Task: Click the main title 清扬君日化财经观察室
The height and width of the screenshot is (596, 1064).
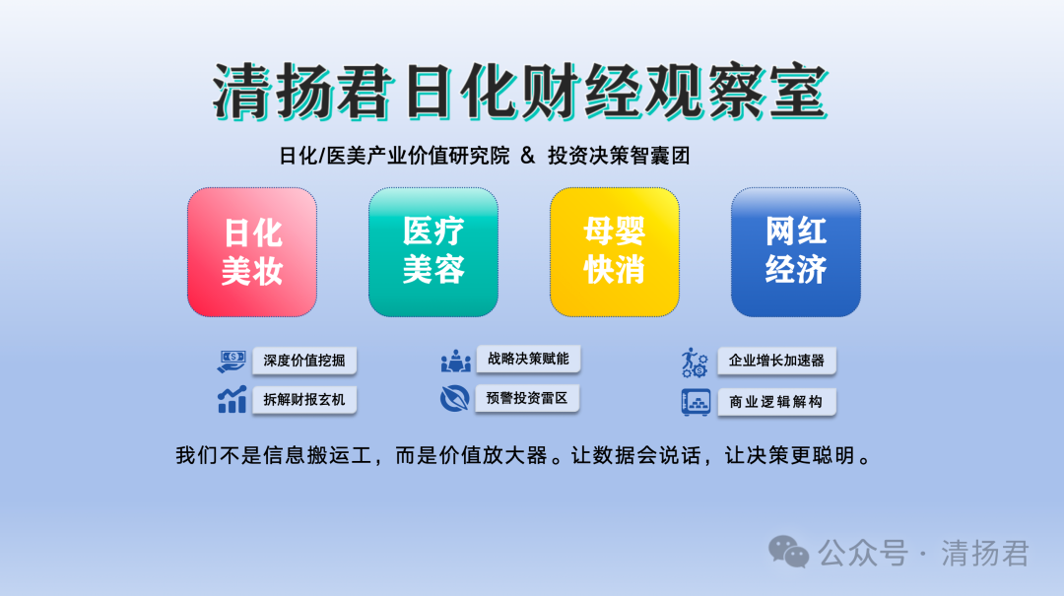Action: [x=520, y=92]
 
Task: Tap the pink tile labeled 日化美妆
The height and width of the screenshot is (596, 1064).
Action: [x=252, y=252]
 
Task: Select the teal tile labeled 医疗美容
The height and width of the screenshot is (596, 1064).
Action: [x=432, y=252]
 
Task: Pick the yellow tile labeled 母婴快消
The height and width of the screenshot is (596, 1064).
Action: [x=614, y=252]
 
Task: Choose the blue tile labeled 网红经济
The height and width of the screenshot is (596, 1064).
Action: [x=795, y=252]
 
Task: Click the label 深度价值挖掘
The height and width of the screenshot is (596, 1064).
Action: [x=304, y=361]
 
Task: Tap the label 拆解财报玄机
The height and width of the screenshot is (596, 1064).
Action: [x=304, y=400]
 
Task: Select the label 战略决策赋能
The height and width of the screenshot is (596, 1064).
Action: [x=528, y=360]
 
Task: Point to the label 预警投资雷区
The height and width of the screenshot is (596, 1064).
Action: [x=526, y=398]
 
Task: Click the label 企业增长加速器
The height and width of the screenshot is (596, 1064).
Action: [x=776, y=361]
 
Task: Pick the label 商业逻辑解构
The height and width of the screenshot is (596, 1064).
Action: [x=776, y=402]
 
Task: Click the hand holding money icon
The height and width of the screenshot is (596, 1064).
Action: [x=232, y=361]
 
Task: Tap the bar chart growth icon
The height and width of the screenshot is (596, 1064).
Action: [x=232, y=400]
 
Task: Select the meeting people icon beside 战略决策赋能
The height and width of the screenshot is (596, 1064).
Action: [x=455, y=361]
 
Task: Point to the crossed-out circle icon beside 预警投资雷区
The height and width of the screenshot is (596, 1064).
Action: [x=454, y=398]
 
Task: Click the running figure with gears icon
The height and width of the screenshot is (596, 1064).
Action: [x=695, y=362]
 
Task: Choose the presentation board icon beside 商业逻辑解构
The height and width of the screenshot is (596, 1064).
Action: [x=696, y=402]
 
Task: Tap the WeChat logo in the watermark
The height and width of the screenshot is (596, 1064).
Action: [x=788, y=552]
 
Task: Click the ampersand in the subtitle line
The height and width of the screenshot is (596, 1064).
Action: [x=528, y=156]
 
